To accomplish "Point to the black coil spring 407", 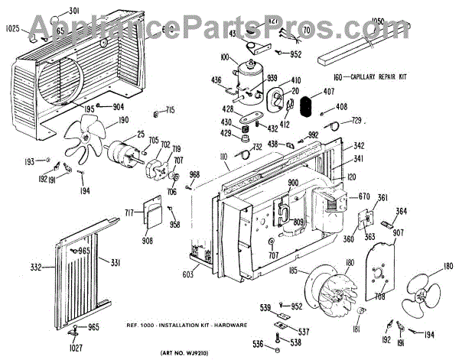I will point(306,106).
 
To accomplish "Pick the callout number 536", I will point(259,345).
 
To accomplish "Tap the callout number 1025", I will point(16,29).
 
